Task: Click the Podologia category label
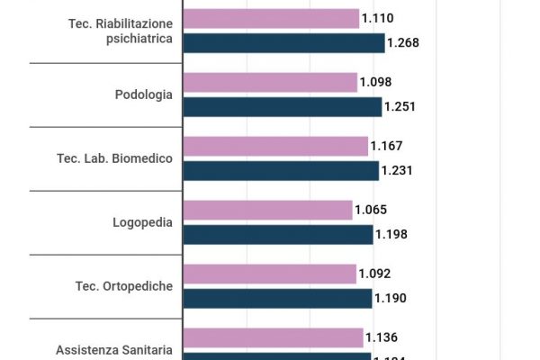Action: point(143,94)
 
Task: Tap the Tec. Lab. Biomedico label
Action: point(114,159)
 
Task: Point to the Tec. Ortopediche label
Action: point(123,286)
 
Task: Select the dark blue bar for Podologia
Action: point(283,107)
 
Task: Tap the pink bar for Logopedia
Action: point(267,210)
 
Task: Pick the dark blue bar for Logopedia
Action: point(278,235)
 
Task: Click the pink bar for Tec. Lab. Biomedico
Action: point(275,146)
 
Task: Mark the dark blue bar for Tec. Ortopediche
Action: point(277,298)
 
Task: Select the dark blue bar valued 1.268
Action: point(283,43)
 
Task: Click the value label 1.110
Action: point(378,18)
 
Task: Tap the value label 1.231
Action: point(398,171)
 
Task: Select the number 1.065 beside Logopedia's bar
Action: point(371,210)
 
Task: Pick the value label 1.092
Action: point(374,274)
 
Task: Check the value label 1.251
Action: point(400,107)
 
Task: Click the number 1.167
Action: point(387,146)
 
